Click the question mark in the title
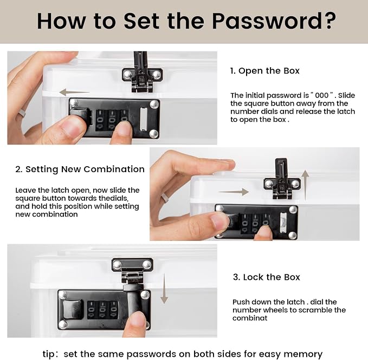pos(328,21)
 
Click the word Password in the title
pos(265,21)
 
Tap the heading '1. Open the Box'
pos(264,71)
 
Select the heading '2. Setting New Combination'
pos(80,169)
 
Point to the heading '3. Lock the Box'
pos(266,277)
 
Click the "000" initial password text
pos(322,95)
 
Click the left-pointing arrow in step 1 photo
pos(74,93)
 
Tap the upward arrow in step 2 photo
pos(305,185)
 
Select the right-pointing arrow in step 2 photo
pos(233,192)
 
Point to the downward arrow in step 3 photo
pos(164,289)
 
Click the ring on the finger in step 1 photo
pos(22,113)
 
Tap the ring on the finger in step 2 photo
pos(165,198)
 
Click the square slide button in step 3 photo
pos(73,309)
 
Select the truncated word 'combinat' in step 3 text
pos(250,318)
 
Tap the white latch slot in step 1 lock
pos(144,119)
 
